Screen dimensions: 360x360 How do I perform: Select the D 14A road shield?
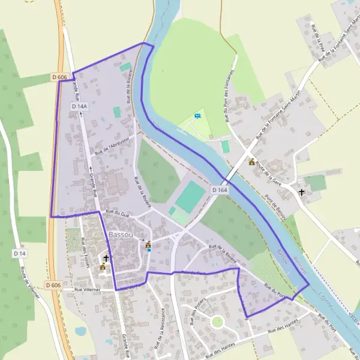click(79, 106)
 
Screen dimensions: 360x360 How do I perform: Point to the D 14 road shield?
click(20, 254)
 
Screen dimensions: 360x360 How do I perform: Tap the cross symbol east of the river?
click(301, 193)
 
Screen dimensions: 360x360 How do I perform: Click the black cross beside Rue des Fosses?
click(106, 258)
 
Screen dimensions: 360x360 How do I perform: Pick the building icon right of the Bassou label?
click(148, 245)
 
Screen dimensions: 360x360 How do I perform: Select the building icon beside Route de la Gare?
click(252, 162)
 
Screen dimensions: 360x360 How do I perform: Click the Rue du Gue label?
click(118, 212)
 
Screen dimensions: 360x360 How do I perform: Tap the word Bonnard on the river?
click(299, 263)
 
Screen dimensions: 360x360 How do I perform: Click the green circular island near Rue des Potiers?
click(217, 322)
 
